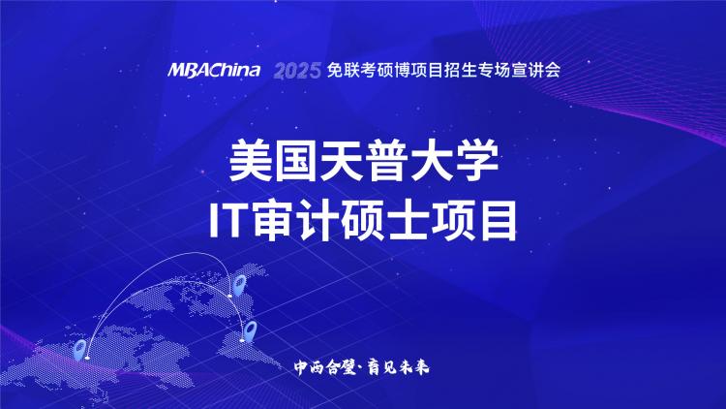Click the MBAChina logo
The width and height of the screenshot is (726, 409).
coord(214,70)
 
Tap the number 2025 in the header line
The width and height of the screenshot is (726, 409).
coord(297,71)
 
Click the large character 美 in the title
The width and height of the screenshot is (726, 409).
coord(251,161)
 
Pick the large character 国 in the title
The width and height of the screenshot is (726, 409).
coord(296,161)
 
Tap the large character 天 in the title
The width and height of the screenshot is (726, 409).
coord(341,161)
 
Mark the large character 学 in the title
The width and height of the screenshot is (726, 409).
coord(476,161)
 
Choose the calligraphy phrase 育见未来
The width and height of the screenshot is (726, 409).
coord(399,367)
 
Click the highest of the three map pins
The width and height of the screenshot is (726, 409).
coord(239,285)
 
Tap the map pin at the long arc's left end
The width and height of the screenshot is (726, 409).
coord(80,350)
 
